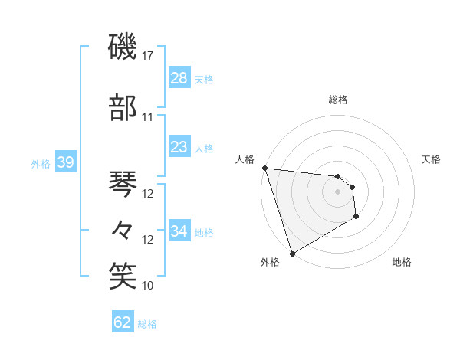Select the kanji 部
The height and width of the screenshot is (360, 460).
coord(123,107)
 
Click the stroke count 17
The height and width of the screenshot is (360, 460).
coord(148,56)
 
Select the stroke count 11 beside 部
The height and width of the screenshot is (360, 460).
coord(148,117)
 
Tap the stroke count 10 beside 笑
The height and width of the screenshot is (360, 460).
coord(148,286)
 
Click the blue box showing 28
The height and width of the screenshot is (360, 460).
coord(179,78)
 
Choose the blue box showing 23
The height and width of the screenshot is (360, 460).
coord(179,147)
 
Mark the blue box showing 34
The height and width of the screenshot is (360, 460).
coord(179,231)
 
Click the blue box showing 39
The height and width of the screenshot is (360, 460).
coord(65,162)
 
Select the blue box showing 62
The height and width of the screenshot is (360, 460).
coord(123,322)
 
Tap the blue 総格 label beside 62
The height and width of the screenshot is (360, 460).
coord(147,324)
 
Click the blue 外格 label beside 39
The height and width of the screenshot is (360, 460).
coord(41,164)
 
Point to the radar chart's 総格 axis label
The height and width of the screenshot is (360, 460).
coord(338,100)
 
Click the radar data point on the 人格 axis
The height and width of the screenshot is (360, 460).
coord(264,168)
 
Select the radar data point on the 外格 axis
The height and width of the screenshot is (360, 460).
coord(292,254)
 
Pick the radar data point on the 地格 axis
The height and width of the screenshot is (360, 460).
coord(357,218)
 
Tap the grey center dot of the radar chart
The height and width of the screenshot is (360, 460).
coord(338,191)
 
